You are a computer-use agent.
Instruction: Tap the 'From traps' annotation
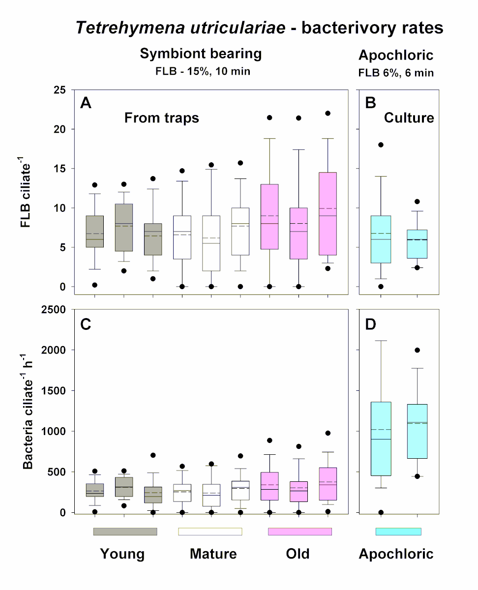click(161, 118)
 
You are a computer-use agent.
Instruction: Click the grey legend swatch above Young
click(125, 531)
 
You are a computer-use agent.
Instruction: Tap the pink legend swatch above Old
click(299, 531)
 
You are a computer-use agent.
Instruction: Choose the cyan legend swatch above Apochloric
click(398, 531)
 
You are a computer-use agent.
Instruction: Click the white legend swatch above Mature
click(210, 531)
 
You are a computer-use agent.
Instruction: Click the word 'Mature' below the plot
click(213, 554)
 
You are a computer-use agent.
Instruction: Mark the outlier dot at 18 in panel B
click(381, 145)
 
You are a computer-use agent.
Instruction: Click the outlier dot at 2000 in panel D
click(417, 350)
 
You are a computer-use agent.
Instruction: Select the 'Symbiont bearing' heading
click(201, 54)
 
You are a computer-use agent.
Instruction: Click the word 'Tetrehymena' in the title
click(124, 28)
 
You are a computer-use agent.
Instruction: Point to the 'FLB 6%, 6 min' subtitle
click(396, 73)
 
